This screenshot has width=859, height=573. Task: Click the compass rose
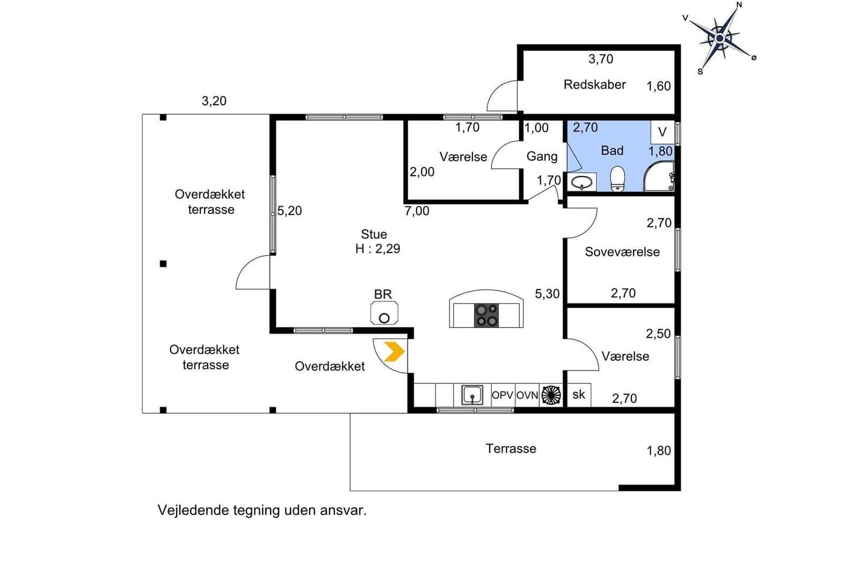click(720, 38)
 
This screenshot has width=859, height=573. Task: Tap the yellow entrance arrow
click(394, 351)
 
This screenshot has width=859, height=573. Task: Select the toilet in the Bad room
click(617, 178)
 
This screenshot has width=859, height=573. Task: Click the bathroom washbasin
click(582, 182)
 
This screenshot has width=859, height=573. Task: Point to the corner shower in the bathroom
click(659, 176)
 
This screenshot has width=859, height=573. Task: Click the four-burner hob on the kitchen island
click(486, 315)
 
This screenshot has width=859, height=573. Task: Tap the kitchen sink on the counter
click(472, 395)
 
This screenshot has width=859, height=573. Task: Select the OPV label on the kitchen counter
click(503, 395)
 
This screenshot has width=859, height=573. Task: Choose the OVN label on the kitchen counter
click(527, 395)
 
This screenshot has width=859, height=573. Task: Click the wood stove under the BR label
click(384, 313)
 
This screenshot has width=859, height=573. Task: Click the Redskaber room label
click(594, 84)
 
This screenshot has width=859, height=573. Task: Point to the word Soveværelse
click(622, 252)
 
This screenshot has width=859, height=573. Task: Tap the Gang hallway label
click(542, 156)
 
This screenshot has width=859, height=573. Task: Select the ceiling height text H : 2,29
click(378, 249)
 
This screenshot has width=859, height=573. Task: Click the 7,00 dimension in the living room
click(417, 211)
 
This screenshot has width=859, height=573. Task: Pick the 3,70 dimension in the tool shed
click(601, 59)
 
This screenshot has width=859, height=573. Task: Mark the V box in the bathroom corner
click(663, 132)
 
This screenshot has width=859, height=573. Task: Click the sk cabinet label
click(579, 394)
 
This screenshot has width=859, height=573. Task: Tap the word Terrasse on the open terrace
click(511, 448)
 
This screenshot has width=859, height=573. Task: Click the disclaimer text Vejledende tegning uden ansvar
click(262, 511)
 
